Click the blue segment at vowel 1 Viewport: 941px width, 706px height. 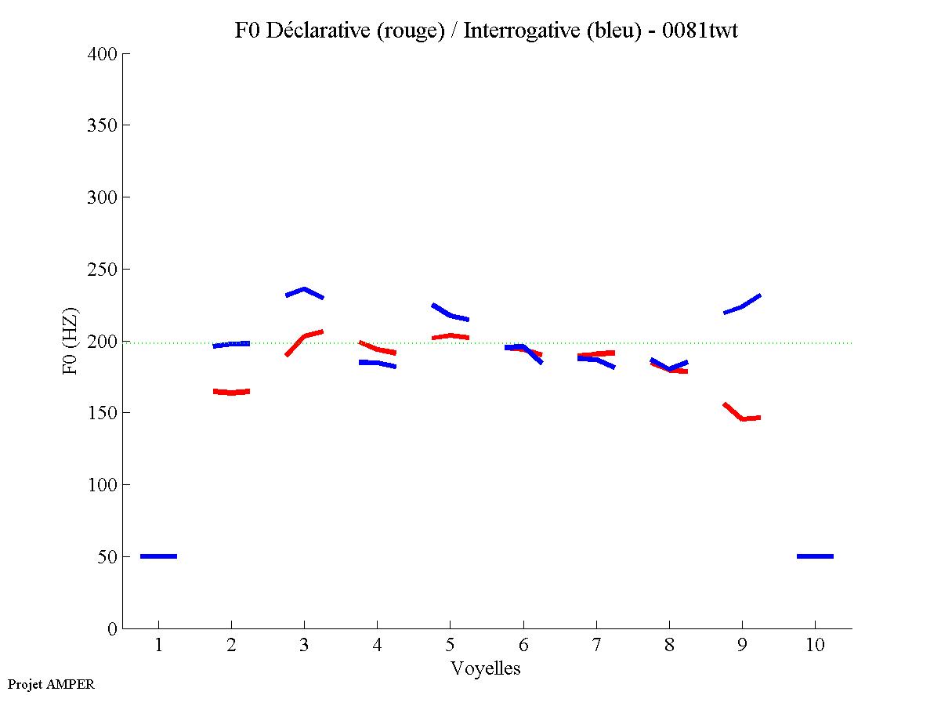pyautogui.click(x=158, y=556)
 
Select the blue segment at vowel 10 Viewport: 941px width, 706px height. pyautogui.click(x=815, y=556)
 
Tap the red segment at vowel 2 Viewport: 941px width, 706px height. pyautogui.click(x=231, y=392)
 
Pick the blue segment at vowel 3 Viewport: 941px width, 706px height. pyautogui.click(x=304, y=291)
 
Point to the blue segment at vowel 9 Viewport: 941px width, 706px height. pyautogui.click(x=742, y=306)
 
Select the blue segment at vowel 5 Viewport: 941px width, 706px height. pyautogui.click(x=450, y=314)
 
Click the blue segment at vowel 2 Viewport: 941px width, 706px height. pyautogui.click(x=231, y=344)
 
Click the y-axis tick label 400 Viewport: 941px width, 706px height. pyautogui.click(x=103, y=54)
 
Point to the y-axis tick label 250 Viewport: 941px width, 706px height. pyautogui.click(x=103, y=270)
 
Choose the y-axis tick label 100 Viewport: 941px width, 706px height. pyautogui.click(x=103, y=485)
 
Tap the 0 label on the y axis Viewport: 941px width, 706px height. pyautogui.click(x=113, y=629)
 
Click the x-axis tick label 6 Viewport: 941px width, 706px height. pyautogui.click(x=523, y=646)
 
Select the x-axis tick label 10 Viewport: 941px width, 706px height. pyautogui.click(x=815, y=646)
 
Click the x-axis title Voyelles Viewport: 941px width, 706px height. pyautogui.click(x=486, y=668)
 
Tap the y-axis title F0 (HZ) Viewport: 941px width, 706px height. pyautogui.click(x=71, y=341)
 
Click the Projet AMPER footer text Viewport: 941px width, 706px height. pyautogui.click(x=51, y=684)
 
